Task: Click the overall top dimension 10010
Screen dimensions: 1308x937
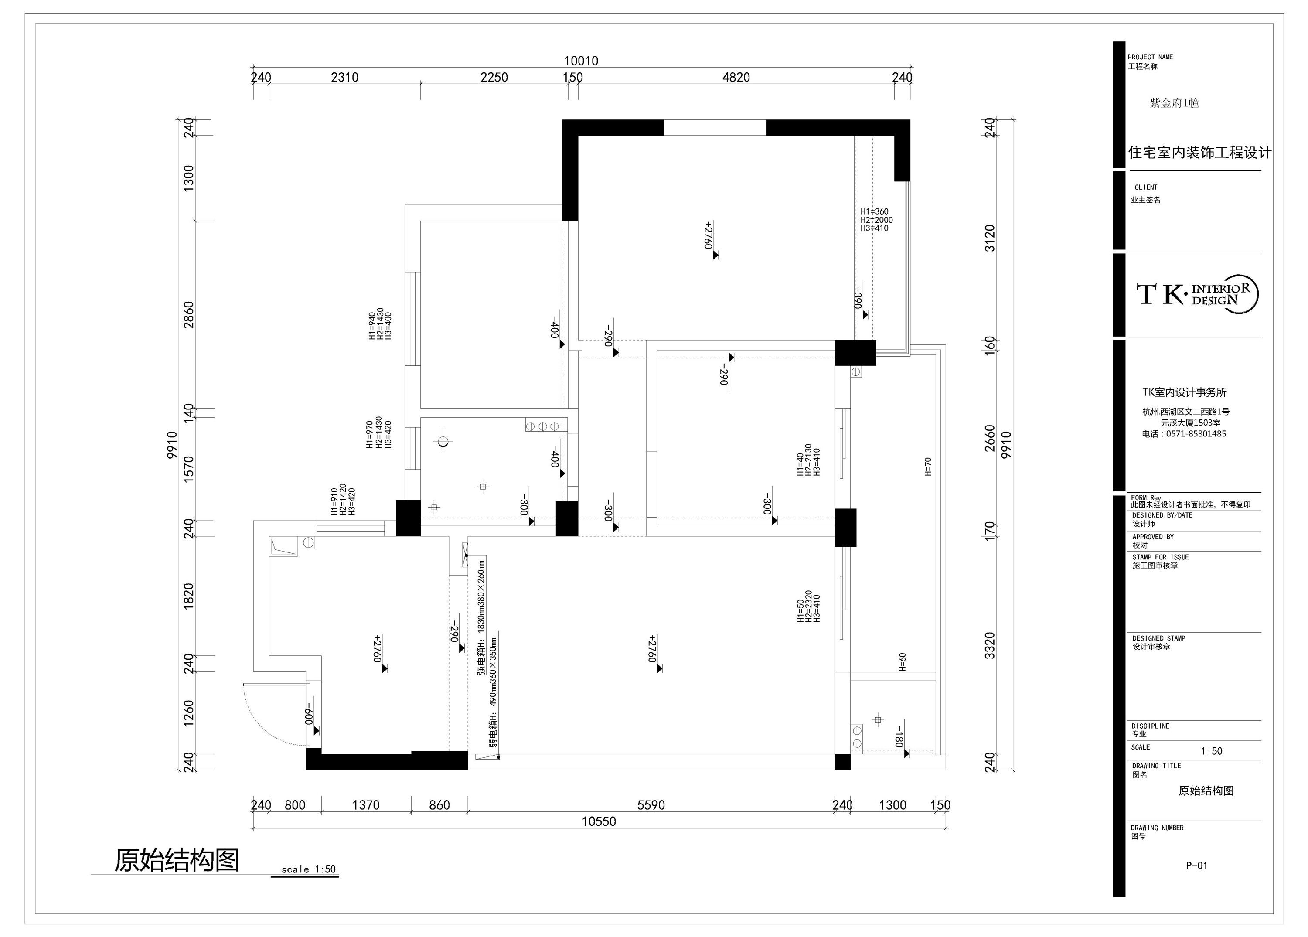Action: pos(581,61)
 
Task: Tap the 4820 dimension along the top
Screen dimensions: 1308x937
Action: pos(736,77)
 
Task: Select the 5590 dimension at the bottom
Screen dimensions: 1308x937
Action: pos(651,805)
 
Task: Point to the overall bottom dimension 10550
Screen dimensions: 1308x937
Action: pos(599,821)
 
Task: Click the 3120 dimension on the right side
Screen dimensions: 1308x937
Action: pos(990,238)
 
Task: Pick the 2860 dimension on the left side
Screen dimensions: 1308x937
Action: pos(189,315)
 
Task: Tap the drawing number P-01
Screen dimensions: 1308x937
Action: pos(1196,865)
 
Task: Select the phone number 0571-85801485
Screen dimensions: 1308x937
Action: pos(1196,433)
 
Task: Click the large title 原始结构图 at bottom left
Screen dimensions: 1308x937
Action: pos(177,860)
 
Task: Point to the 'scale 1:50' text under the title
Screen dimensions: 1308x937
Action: pos(309,869)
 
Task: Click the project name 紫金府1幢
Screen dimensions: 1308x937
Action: pos(1175,103)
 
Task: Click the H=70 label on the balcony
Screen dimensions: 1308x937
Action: pos(928,467)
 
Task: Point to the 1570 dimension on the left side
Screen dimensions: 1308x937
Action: pos(189,469)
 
